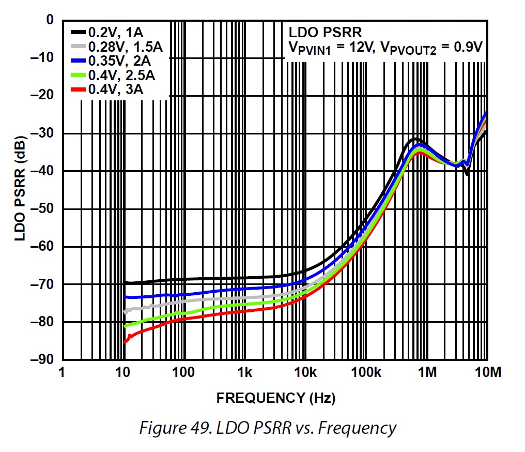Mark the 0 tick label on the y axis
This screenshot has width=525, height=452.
pyautogui.click(x=50, y=20)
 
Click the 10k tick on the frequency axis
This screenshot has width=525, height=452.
pyautogui.click(x=305, y=372)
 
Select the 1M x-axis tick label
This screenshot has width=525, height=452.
pyautogui.click(x=427, y=372)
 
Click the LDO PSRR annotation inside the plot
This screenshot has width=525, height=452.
pyautogui.click(x=317, y=33)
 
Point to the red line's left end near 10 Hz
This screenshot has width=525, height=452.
pyautogui.click(x=125, y=342)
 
